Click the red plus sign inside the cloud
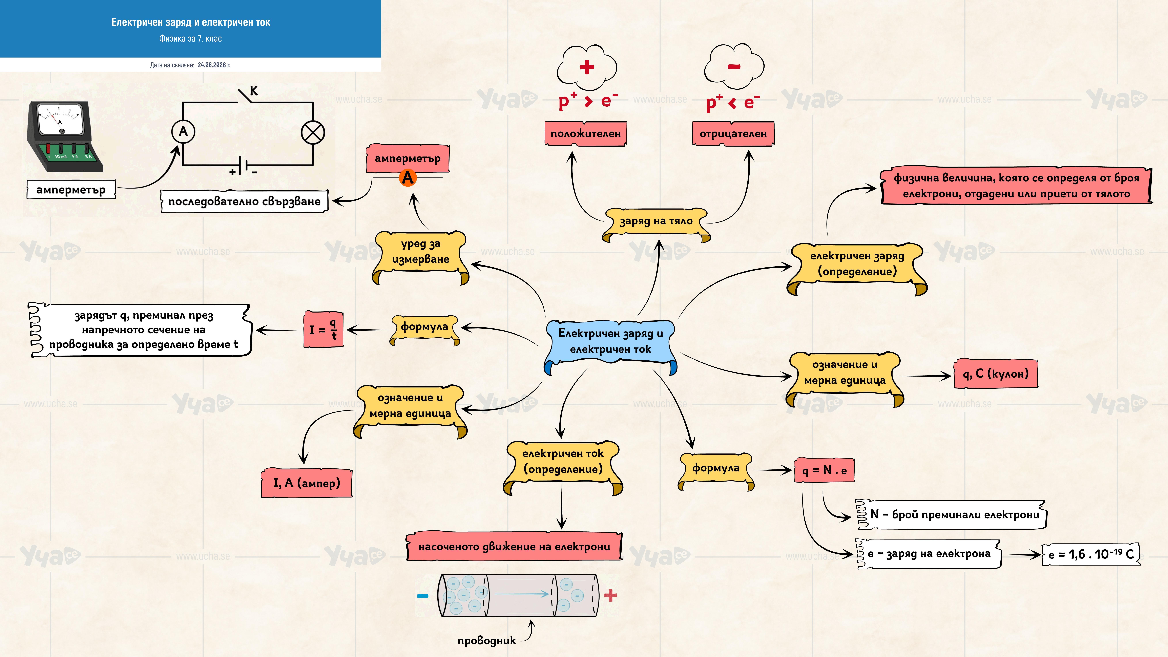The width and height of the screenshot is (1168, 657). point(587,67)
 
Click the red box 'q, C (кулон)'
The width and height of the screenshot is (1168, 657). point(996,374)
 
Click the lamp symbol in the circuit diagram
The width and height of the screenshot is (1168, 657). point(313,133)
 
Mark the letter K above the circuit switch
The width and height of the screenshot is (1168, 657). point(254,91)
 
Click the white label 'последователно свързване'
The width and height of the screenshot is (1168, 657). point(244,201)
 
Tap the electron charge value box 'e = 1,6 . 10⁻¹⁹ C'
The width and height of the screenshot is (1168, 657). point(1091,554)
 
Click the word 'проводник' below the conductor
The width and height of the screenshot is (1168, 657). point(486,641)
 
